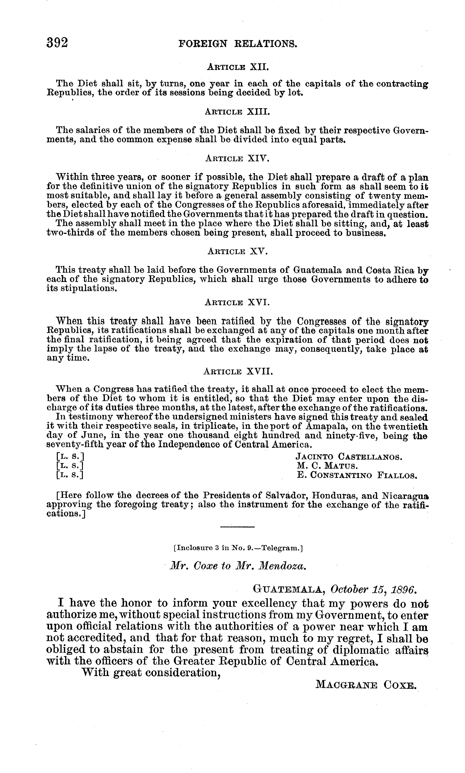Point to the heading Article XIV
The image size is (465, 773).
click(x=238, y=159)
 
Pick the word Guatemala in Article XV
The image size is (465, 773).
click(x=318, y=270)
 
